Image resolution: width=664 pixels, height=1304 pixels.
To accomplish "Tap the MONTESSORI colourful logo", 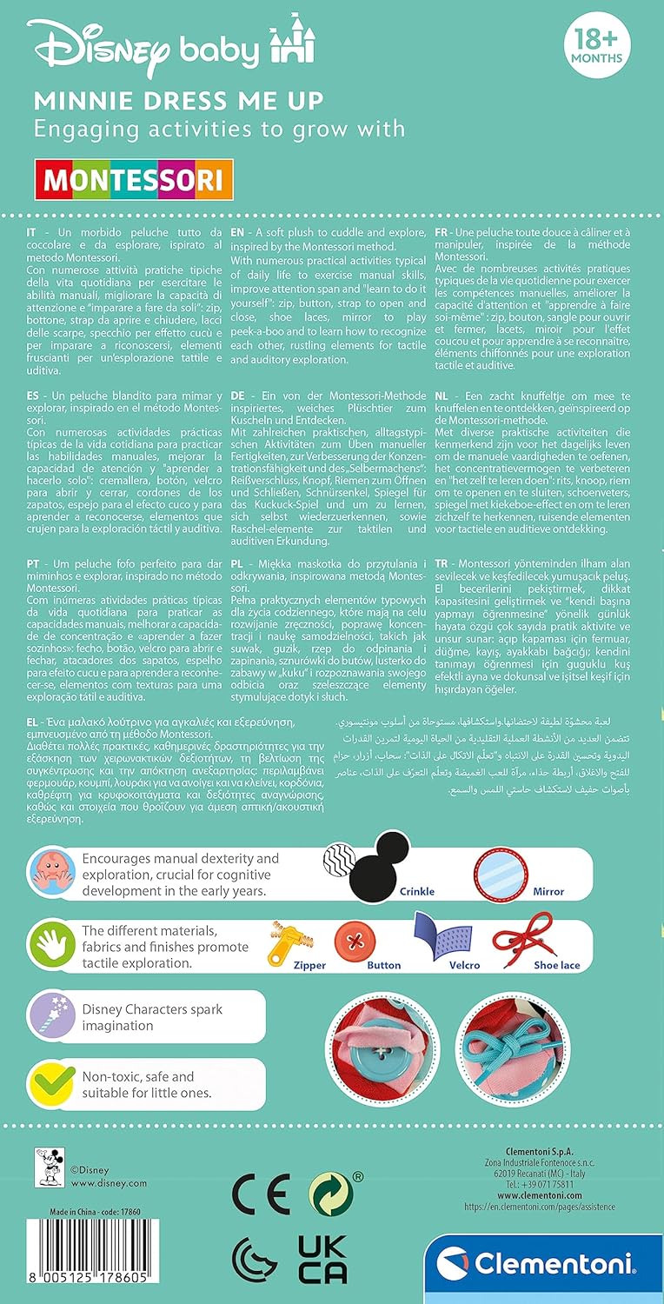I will click(x=133, y=179).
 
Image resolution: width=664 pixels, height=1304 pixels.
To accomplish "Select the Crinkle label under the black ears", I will click(x=416, y=891).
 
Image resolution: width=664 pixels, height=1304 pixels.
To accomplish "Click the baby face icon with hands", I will click(x=54, y=870).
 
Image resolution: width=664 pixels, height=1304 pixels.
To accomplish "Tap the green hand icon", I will click(x=54, y=943).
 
